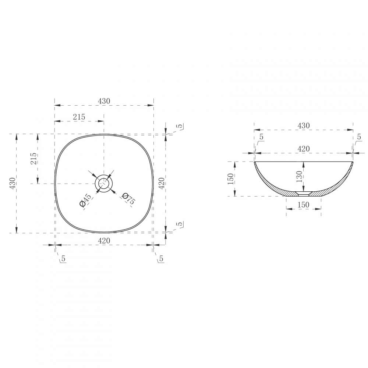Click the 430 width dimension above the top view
104,101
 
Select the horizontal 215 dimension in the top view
79,117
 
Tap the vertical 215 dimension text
34,158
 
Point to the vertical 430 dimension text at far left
13,183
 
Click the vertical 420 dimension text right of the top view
162,183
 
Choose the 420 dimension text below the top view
104,241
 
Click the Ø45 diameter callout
85,200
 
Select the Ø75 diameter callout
128,198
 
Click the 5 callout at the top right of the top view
180,126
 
